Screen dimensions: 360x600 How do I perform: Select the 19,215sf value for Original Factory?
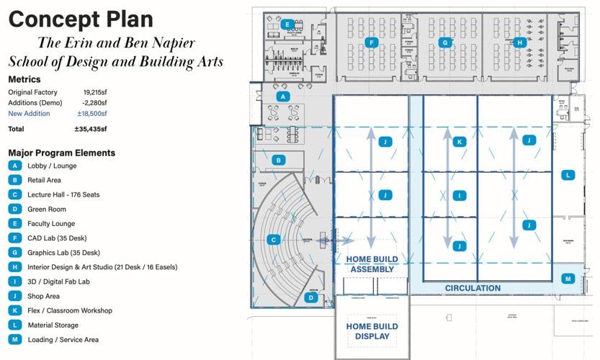94,93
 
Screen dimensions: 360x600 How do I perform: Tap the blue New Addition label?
29,114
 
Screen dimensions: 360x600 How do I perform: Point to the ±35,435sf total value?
91,129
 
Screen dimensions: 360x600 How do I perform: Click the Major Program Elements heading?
61,153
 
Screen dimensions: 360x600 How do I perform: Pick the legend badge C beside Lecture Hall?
14,194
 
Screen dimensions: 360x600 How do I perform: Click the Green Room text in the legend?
47,209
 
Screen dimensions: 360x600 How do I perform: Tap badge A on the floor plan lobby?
283,96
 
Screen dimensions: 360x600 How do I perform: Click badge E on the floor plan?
287,24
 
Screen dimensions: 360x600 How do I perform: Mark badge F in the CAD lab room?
371,42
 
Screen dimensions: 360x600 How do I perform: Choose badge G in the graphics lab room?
445,42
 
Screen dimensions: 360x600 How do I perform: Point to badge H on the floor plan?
519,42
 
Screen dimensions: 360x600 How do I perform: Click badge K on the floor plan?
459,142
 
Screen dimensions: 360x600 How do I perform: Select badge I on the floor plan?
459,195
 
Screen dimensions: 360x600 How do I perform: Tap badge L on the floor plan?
568,175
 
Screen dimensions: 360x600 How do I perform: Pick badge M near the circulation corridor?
568,279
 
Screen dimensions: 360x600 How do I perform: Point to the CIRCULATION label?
473,288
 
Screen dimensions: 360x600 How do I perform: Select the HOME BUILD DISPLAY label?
372,331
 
